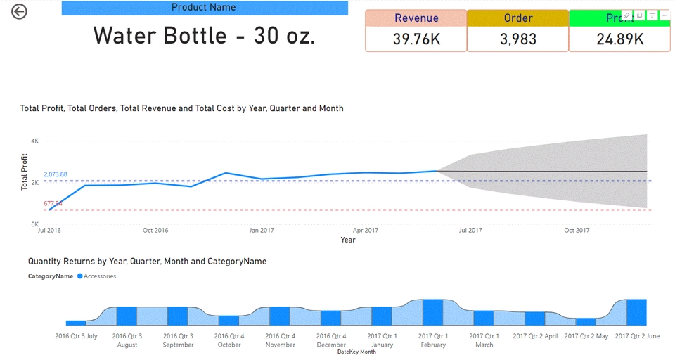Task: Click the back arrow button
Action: [19, 11]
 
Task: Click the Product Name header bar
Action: [205, 8]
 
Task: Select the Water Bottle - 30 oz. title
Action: [204, 36]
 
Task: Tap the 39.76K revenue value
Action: [416, 39]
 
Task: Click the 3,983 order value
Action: [517, 39]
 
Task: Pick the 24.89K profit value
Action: [619, 39]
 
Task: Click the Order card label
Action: [517, 18]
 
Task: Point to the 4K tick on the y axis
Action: [34, 141]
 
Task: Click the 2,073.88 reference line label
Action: [56, 174]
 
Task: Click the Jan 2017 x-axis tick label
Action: [262, 230]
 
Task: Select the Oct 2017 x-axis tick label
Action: [576, 230]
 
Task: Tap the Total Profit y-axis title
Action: [25, 172]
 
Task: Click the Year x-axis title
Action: [348, 240]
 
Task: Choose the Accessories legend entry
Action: [99, 276]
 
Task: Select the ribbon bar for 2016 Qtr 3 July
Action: [76, 322]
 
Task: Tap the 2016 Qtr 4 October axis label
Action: [229, 340]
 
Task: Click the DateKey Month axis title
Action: [356, 352]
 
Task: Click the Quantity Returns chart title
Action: [147, 261]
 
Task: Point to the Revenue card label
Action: [416, 18]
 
